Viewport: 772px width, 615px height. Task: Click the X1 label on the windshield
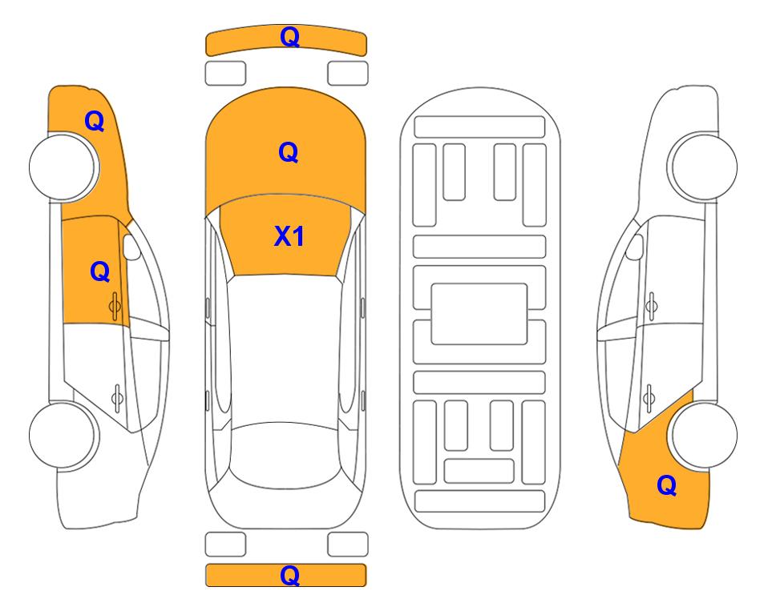coord(289,236)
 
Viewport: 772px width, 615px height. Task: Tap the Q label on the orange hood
coord(288,152)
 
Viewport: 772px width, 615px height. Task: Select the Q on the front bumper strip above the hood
coord(289,37)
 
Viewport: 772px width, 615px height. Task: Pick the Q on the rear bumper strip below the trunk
coord(290,575)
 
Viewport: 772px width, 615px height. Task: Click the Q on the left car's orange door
coord(99,271)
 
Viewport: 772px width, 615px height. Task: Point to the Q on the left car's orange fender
coord(94,121)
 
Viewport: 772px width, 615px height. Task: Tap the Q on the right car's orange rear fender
coord(666,485)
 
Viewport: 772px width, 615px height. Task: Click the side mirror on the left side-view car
coord(131,247)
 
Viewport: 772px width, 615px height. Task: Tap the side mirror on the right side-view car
coord(635,247)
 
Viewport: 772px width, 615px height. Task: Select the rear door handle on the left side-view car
coord(116,395)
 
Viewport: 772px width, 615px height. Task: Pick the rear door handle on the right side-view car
coord(650,395)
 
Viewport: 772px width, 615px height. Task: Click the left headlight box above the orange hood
coord(225,73)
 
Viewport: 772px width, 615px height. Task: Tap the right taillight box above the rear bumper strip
coord(348,545)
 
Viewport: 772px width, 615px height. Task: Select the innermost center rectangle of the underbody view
coord(479,313)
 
